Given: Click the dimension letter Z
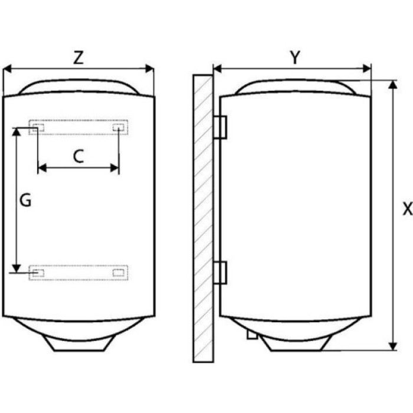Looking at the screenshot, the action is [78, 58].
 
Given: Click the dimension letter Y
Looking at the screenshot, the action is [295, 57].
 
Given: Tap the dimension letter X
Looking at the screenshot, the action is [408, 209].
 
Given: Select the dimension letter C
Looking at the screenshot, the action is [78, 156].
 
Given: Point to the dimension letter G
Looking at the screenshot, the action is [25, 201].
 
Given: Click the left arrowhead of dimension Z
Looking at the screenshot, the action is [7, 69].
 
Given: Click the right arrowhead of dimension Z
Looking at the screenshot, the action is [150, 69].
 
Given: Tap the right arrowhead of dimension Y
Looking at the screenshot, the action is [367, 69].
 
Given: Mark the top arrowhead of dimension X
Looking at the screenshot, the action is [393, 84].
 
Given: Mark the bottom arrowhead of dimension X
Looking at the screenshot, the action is [393, 346].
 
